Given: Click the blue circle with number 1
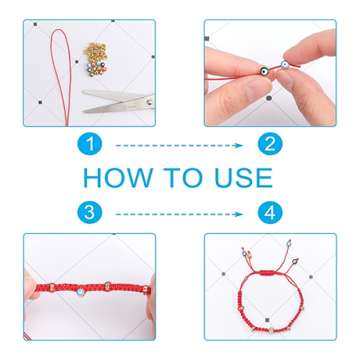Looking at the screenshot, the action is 89,144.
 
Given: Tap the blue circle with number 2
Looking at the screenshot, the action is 270,144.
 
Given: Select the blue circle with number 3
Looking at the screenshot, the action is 89,212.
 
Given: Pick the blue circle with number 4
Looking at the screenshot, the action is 270,212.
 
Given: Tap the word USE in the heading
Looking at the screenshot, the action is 244,178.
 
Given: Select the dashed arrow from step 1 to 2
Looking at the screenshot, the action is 179,145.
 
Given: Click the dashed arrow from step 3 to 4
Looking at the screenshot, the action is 179,214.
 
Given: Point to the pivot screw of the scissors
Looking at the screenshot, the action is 150,102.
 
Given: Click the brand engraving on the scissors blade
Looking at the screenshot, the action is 130,106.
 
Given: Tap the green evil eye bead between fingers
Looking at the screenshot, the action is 265,71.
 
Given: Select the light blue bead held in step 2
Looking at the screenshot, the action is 284,65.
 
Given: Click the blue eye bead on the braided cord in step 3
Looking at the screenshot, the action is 80,292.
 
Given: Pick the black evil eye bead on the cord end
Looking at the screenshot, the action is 295,261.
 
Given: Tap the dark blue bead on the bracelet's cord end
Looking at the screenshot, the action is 244,254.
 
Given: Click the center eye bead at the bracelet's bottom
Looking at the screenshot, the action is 271,330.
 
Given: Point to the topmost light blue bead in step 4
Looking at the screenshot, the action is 289,244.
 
